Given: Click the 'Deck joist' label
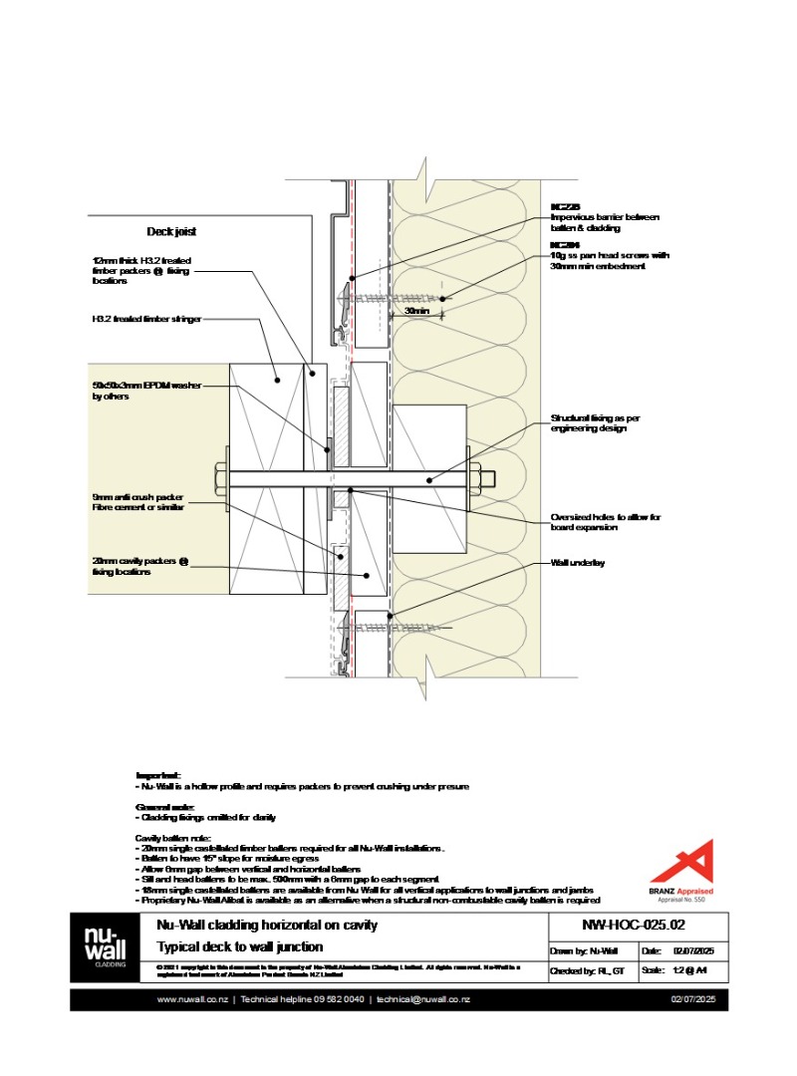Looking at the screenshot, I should click(171, 231).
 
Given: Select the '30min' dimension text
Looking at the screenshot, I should click(417, 312).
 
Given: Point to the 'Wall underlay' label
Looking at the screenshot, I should click(578, 563).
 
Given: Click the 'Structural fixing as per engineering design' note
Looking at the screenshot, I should click(595, 422).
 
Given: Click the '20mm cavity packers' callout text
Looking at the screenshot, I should click(139, 566).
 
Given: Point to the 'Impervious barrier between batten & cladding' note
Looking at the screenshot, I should click(605, 222).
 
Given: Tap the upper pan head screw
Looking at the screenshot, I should click(394, 297).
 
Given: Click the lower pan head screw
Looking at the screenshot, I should click(394, 629).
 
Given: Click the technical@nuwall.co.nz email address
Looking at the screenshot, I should click(423, 999).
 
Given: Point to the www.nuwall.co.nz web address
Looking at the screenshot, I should click(193, 999).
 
